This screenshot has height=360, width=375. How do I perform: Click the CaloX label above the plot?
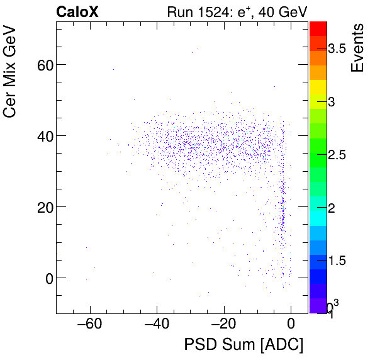[78, 12]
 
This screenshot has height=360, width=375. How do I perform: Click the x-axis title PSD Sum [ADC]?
[243, 345]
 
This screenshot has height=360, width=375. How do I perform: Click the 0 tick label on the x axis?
[291, 325]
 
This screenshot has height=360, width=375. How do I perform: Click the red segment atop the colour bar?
[318, 28]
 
